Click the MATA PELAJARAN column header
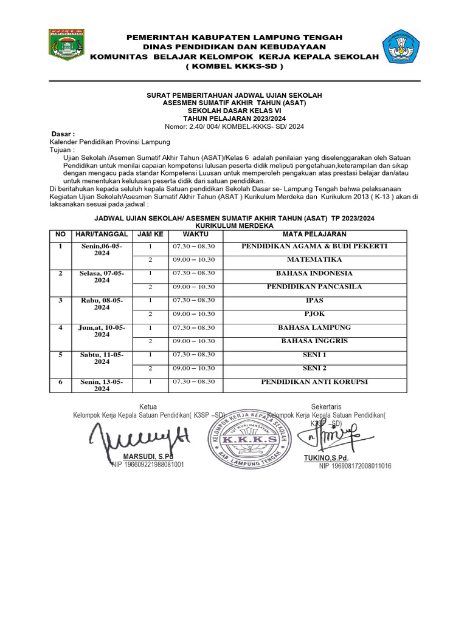[x=314, y=234]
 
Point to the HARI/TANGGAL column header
[x=101, y=234]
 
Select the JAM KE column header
[x=150, y=234]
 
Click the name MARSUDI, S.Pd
[x=148, y=456]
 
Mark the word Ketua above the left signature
[x=148, y=406]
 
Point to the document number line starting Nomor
[x=234, y=126]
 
